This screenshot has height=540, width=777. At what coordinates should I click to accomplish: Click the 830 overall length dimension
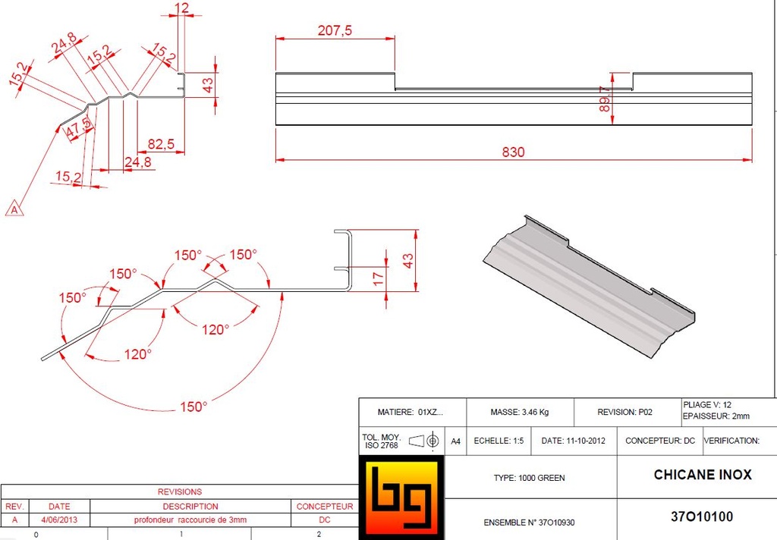tap(513, 152)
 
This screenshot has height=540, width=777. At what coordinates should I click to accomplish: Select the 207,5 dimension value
tap(334, 30)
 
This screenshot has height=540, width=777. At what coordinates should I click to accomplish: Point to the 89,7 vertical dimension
tap(605, 99)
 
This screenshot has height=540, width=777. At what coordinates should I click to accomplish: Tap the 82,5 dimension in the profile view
tap(160, 144)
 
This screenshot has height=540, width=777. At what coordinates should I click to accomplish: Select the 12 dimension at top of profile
tap(181, 8)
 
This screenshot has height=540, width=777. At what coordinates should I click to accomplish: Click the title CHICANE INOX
tap(703, 475)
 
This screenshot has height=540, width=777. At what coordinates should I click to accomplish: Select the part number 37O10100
tap(702, 517)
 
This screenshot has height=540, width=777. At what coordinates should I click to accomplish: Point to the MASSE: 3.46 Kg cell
tap(520, 413)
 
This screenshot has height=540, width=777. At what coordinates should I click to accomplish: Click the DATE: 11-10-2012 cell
tap(574, 441)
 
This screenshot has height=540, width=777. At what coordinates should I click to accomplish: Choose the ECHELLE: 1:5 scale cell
tap(499, 441)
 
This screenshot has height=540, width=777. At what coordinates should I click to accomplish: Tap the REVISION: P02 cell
tap(624, 413)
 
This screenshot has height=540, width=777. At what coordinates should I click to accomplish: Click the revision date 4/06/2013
tap(58, 520)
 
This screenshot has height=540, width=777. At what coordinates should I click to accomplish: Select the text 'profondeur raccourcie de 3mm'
tap(190, 520)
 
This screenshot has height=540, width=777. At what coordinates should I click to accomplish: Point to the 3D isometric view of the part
tap(591, 285)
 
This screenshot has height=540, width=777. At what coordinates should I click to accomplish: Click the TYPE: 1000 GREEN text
tap(529, 478)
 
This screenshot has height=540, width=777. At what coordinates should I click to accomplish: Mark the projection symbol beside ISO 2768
tap(424, 441)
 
